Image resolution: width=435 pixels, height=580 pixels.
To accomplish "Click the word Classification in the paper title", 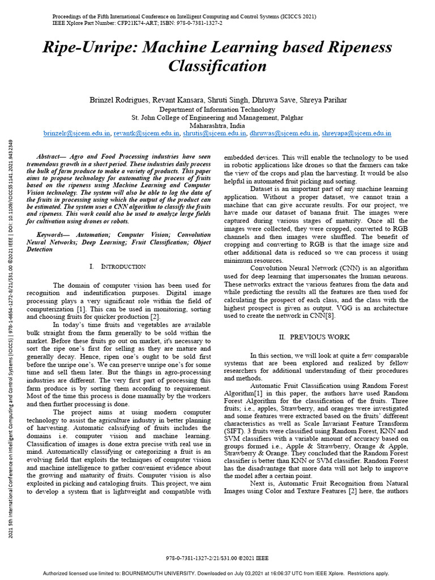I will click(217, 66).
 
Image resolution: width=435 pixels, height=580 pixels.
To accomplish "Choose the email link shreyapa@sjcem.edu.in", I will click(356, 134).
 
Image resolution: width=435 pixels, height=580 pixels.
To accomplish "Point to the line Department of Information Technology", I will click(217, 109).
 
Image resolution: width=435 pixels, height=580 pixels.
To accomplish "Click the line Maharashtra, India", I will click(217, 126).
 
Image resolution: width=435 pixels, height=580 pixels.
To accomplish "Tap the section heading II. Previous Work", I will click(314, 337).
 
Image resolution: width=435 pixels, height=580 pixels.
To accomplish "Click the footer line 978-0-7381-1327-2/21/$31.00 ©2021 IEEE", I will click(217, 558).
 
